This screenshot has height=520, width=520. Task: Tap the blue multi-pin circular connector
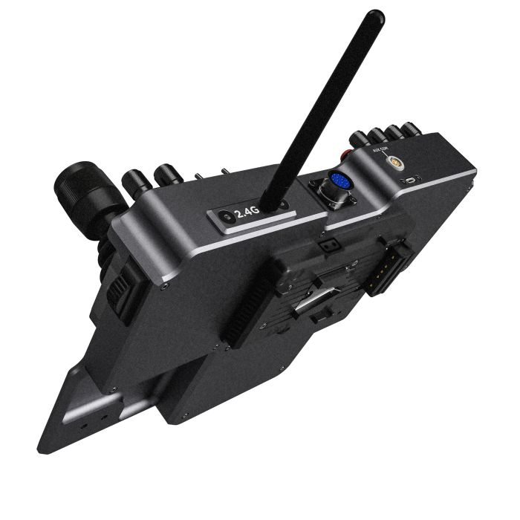(x=339, y=182)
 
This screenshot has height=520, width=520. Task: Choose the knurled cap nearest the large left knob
(x=136, y=180)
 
